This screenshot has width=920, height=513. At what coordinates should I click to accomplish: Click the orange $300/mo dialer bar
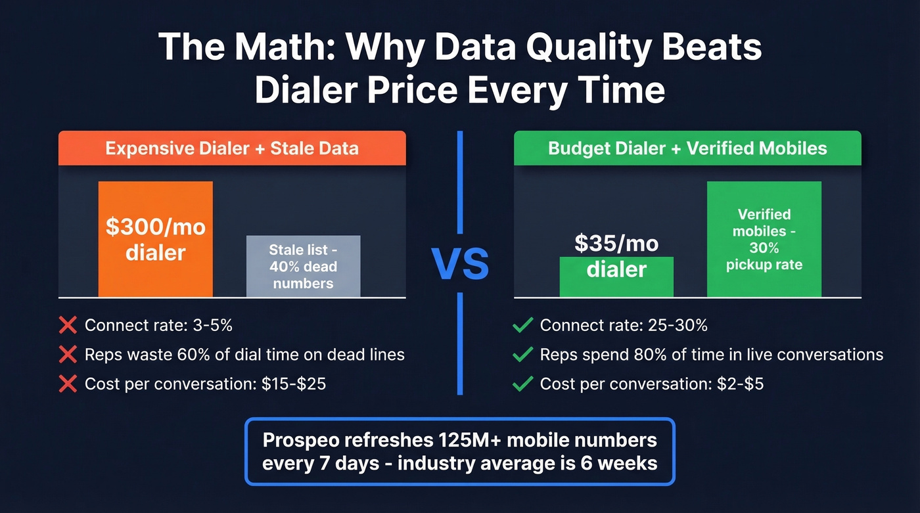point(156,239)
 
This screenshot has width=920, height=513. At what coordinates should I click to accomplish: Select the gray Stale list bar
point(303,266)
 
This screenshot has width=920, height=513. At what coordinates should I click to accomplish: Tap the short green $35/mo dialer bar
point(616,276)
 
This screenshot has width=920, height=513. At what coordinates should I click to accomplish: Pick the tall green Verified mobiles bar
point(764,239)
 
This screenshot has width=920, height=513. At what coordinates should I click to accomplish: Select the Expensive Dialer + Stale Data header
point(232,148)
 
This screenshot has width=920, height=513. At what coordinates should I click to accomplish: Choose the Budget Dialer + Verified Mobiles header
point(687,148)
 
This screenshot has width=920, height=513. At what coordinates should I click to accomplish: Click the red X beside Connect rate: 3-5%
point(68,325)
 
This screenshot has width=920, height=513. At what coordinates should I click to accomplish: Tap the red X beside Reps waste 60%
point(68,355)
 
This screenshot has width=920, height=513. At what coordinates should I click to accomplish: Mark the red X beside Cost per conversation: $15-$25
point(68,384)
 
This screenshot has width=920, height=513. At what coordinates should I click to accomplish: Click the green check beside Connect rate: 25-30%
point(522,325)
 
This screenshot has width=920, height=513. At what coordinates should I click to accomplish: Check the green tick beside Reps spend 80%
point(522,355)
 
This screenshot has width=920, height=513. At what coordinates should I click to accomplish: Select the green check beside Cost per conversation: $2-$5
point(522,384)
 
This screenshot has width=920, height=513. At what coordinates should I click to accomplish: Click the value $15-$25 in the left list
point(294,384)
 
